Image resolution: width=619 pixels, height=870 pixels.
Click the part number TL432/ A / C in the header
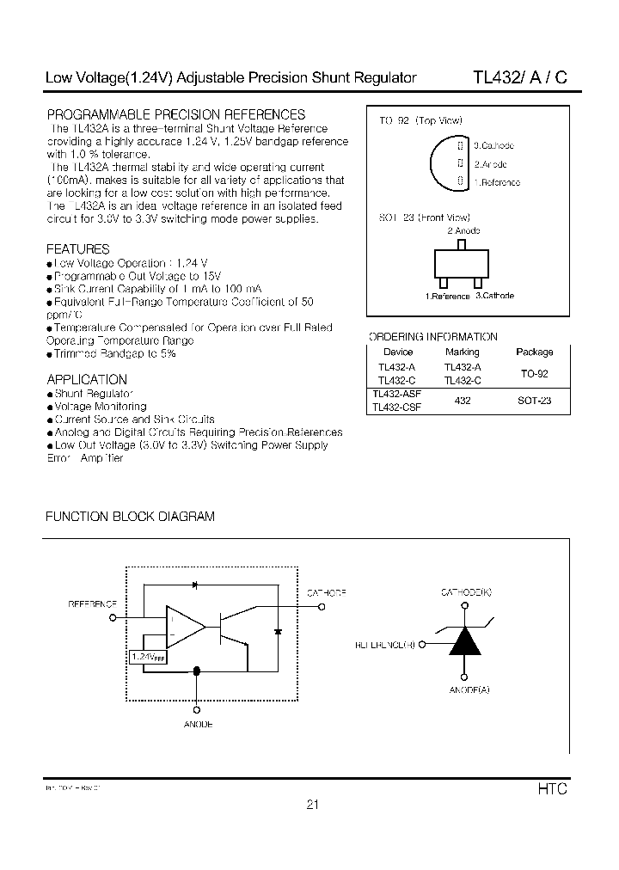coord(519,77)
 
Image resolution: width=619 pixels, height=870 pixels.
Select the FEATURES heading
coord(78,249)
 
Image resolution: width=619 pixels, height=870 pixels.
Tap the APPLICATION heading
coord(87,379)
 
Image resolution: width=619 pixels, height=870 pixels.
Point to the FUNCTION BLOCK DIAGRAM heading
coord(130,517)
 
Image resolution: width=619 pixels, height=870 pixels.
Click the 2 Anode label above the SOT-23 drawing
coord(463,230)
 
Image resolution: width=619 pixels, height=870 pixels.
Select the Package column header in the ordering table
coord(535,352)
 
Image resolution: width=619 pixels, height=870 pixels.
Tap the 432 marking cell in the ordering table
coord(463,401)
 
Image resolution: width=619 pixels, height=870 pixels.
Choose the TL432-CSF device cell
coord(397,408)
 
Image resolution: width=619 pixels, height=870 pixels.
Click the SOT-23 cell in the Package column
coord(535,401)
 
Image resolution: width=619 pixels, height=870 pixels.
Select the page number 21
coord(312,806)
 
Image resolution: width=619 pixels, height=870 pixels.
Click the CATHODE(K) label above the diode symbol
coord(466,593)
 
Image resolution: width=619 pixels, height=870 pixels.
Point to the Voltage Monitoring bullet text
coord(101,406)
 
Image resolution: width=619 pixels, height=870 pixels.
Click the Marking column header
coord(463,352)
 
